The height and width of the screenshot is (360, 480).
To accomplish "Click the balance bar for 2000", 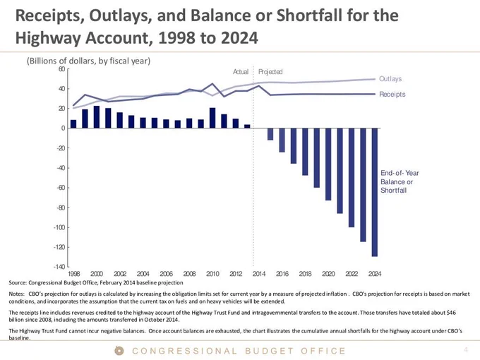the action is click(x=97, y=117).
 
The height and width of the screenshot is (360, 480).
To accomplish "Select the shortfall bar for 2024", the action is click(x=375, y=192).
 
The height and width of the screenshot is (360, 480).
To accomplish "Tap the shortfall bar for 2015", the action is click(x=270, y=134).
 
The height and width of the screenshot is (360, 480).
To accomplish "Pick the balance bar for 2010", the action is click(x=212, y=118).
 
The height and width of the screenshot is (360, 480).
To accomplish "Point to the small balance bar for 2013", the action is click(x=247, y=126).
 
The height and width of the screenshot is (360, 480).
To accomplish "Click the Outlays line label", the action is click(x=390, y=78).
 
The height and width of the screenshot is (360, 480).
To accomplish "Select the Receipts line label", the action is click(x=392, y=95).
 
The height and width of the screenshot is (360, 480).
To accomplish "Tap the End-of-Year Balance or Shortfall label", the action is click(x=400, y=181).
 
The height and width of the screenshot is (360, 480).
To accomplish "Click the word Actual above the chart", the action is click(x=241, y=71).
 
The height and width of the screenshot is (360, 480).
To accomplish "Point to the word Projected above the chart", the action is click(x=270, y=71).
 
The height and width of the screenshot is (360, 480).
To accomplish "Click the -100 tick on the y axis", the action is click(x=59, y=227).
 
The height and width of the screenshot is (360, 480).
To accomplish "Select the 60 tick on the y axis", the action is click(x=61, y=69).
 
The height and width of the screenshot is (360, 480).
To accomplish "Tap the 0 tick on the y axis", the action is click(x=63, y=128).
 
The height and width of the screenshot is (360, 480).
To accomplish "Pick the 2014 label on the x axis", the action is click(x=259, y=274).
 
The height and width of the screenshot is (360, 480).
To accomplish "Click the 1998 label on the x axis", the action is click(x=74, y=274).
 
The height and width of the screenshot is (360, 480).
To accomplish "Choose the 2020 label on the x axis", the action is click(x=328, y=274).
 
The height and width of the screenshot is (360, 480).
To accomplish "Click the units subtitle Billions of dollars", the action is click(x=88, y=61).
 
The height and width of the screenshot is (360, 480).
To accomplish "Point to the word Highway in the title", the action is click(x=48, y=38).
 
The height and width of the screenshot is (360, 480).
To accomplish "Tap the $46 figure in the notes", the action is click(x=451, y=313).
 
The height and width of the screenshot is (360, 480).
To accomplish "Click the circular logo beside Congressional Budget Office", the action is click(x=119, y=351).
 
